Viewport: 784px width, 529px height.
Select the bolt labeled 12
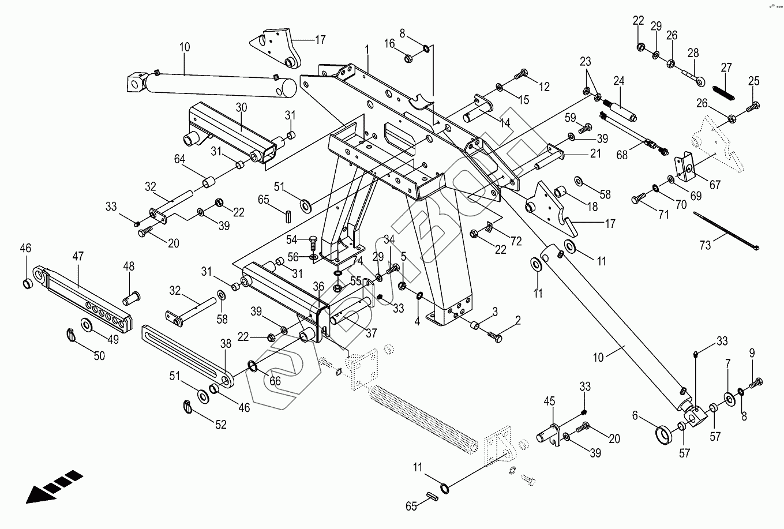(x=520, y=74)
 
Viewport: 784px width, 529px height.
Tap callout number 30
(x=241, y=107)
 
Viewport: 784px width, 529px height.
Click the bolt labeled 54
(x=313, y=241)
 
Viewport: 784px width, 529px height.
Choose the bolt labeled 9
(x=756, y=382)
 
